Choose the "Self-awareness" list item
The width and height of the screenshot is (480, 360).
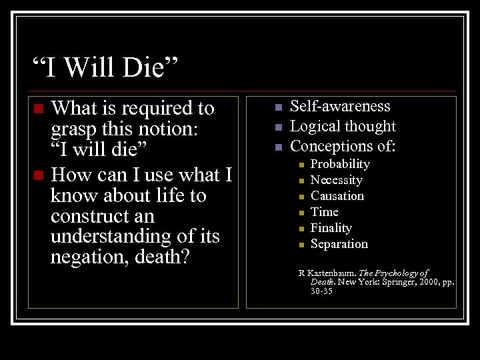coord(340,106)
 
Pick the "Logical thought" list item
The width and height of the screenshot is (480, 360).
coord(343,126)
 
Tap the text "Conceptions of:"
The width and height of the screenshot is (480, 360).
coord(343,146)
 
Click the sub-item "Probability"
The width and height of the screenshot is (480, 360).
coord(340,164)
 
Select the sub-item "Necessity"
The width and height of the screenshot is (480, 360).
coord(336,180)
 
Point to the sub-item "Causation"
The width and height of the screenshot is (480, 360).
coord(337,196)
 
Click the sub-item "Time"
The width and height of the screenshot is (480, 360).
coord(325,212)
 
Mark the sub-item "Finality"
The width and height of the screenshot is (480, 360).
coord(331,228)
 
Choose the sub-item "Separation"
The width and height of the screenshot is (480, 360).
coord(339,244)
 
